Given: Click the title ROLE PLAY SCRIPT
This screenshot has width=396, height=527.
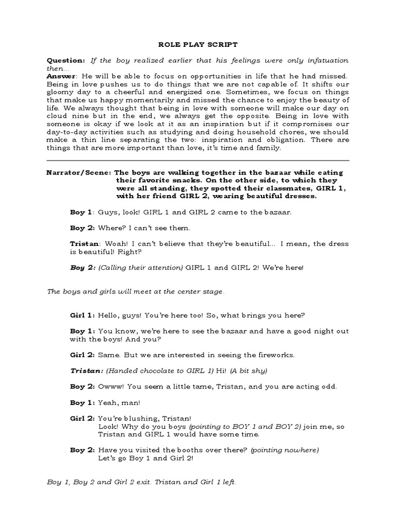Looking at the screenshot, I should tap(198, 44).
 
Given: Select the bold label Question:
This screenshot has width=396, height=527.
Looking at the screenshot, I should tap(66, 60).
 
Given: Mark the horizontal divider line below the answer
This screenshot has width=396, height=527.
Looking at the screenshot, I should tap(198, 160).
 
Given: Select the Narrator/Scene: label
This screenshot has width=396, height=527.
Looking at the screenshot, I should tap(78, 172).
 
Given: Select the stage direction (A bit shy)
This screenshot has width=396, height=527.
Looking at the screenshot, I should tap(250, 371).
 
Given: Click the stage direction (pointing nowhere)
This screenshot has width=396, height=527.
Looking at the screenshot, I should tap(285, 450).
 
